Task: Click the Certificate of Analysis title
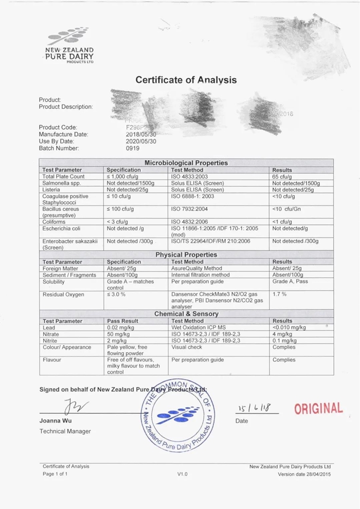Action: point(186,80)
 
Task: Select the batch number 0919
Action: point(133,148)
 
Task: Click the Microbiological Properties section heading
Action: point(186,163)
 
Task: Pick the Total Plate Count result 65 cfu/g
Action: point(283,177)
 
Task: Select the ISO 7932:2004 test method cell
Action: point(190,209)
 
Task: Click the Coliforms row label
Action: point(55,222)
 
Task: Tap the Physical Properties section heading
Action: point(186,255)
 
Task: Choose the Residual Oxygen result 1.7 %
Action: point(279,294)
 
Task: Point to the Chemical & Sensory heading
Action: point(186,314)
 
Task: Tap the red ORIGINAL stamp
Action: point(318,409)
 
